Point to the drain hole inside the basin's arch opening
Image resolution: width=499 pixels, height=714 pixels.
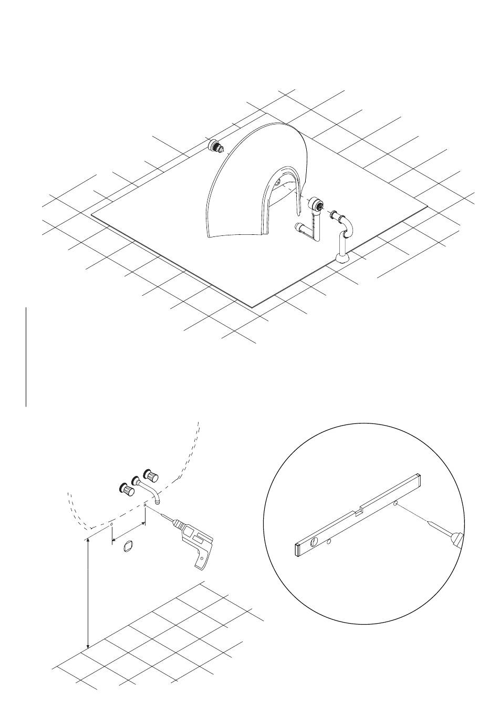(x=277, y=183)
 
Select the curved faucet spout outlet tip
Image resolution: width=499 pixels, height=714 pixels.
(x=157, y=502)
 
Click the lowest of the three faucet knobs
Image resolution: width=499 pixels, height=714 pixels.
(x=126, y=490)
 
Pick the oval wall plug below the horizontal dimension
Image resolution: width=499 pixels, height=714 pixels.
(x=127, y=547)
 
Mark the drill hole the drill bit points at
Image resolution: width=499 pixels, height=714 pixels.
(x=145, y=506)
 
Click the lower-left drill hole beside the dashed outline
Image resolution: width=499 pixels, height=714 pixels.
(x=111, y=524)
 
